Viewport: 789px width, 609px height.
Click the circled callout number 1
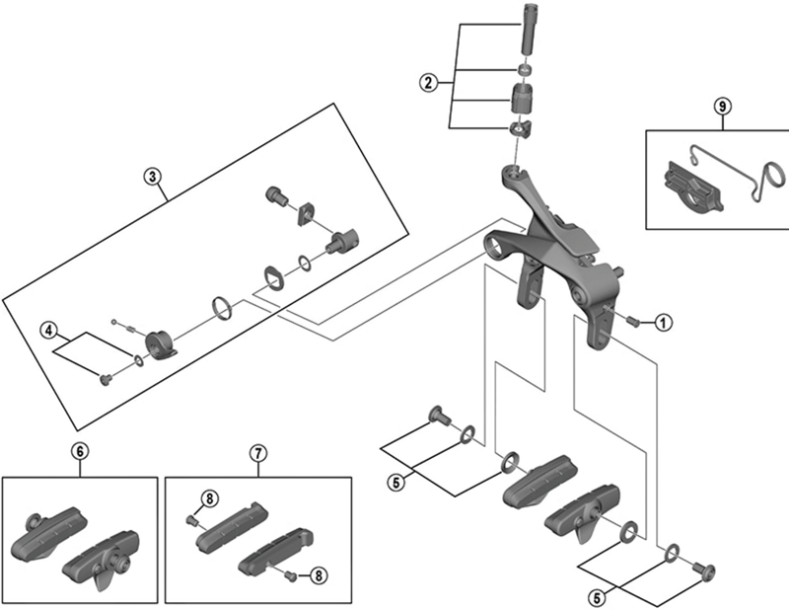pyautogui.click(x=663, y=322)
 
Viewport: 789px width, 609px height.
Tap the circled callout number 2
pyautogui.click(x=428, y=83)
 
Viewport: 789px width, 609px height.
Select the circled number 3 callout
pyautogui.click(x=151, y=176)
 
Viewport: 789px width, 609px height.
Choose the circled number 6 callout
pyautogui.click(x=81, y=453)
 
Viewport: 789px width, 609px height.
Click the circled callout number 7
pyautogui.click(x=257, y=453)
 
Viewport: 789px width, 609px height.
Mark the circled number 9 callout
pyautogui.click(x=722, y=105)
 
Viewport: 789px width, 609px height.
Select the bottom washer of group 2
pyautogui.click(x=518, y=129)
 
